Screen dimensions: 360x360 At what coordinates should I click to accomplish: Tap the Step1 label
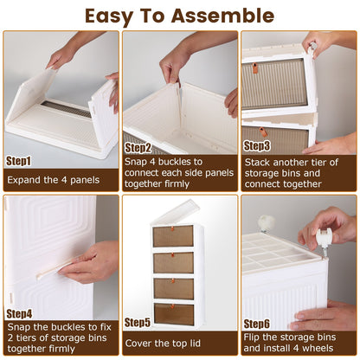tap(19, 160)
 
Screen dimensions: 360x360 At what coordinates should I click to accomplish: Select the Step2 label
tap(137, 148)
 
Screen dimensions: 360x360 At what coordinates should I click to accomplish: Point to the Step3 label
tap(256, 146)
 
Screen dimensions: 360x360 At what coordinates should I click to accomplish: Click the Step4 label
tap(19, 312)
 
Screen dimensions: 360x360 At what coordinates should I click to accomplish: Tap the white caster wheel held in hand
tap(326, 235)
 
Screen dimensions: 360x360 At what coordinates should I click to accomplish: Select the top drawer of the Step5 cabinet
tap(174, 236)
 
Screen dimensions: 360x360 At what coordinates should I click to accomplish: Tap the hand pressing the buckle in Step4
tap(91, 261)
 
